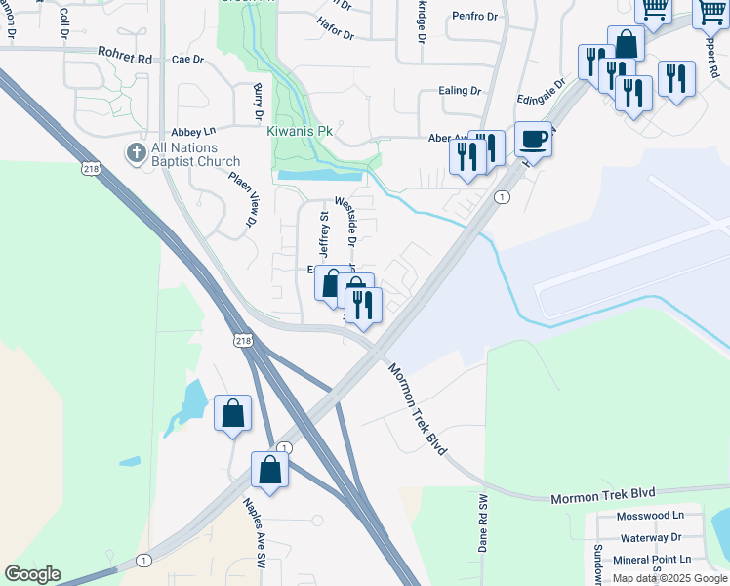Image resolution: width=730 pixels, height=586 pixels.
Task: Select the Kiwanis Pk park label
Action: click(301, 129)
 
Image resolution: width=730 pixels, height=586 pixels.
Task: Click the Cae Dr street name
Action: click(187, 60)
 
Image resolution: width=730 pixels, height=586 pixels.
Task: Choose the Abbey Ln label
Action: click(192, 131)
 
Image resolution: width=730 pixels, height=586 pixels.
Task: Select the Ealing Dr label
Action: click(460, 91)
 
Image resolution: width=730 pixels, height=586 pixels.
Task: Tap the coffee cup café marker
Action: click(533, 139)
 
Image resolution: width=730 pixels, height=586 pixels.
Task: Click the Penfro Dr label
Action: click(474, 17)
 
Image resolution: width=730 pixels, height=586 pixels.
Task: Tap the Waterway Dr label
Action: click(651, 537)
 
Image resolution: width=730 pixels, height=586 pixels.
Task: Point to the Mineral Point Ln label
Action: click(651, 560)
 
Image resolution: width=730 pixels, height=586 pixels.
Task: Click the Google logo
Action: click(32, 574)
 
